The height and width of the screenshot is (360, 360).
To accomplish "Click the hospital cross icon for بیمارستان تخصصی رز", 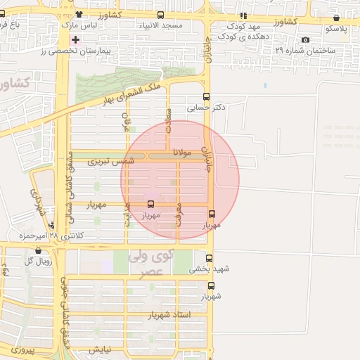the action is (75, 39).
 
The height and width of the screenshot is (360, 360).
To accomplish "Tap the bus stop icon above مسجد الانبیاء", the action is (161, 15).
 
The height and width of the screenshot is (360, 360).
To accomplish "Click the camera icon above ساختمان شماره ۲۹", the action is (305, 40).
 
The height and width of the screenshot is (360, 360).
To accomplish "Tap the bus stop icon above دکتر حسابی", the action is (206, 97).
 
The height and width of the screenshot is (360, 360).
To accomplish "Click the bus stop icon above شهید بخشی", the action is (208, 258).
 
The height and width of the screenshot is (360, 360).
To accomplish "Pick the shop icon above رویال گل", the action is (38, 250).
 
